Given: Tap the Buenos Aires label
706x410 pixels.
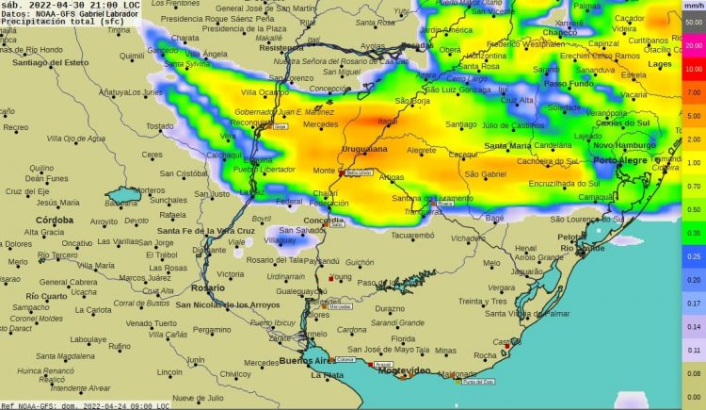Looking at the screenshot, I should tap(307, 361).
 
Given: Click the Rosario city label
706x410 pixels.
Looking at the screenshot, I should tap(207, 288).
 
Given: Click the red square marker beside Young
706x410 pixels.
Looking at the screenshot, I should tap(331, 278).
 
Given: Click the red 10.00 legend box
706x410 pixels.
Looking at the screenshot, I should tap(694, 69).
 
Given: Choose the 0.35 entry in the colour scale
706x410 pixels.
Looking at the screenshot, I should tap(694, 232).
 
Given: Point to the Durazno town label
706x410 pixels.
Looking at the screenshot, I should tap(389, 308).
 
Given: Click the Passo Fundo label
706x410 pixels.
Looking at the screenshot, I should tap(569, 84).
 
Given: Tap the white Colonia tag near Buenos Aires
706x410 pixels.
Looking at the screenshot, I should tap(345, 359).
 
